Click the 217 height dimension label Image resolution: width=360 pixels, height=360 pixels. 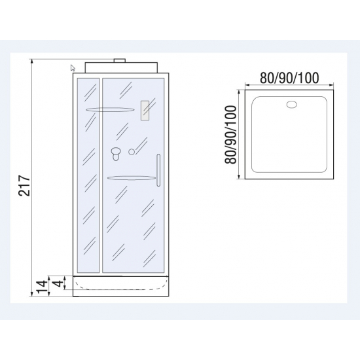click(24, 185)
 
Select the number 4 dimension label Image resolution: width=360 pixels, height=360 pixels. click(59, 282)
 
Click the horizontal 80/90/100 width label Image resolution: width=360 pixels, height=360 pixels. click(289, 78)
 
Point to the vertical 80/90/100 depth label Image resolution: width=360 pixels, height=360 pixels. click(230, 135)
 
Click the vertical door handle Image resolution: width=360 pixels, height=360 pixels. click(158, 170)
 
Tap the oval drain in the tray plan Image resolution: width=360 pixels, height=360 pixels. click(292, 105)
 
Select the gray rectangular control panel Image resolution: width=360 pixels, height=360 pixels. click(145, 111)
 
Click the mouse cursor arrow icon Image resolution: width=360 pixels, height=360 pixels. click(73, 68)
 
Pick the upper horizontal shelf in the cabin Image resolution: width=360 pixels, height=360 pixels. click(110, 109)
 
